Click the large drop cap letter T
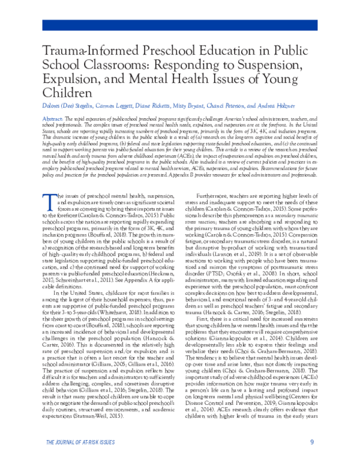[x=48, y=184]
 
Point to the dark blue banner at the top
[x=180, y=25]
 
